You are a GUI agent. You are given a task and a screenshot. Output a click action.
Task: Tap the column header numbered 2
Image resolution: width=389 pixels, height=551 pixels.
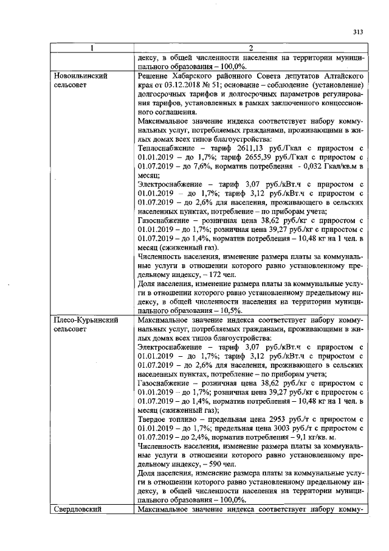(250, 49)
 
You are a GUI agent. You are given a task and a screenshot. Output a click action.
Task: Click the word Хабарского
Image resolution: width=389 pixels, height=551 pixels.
(194, 75)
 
